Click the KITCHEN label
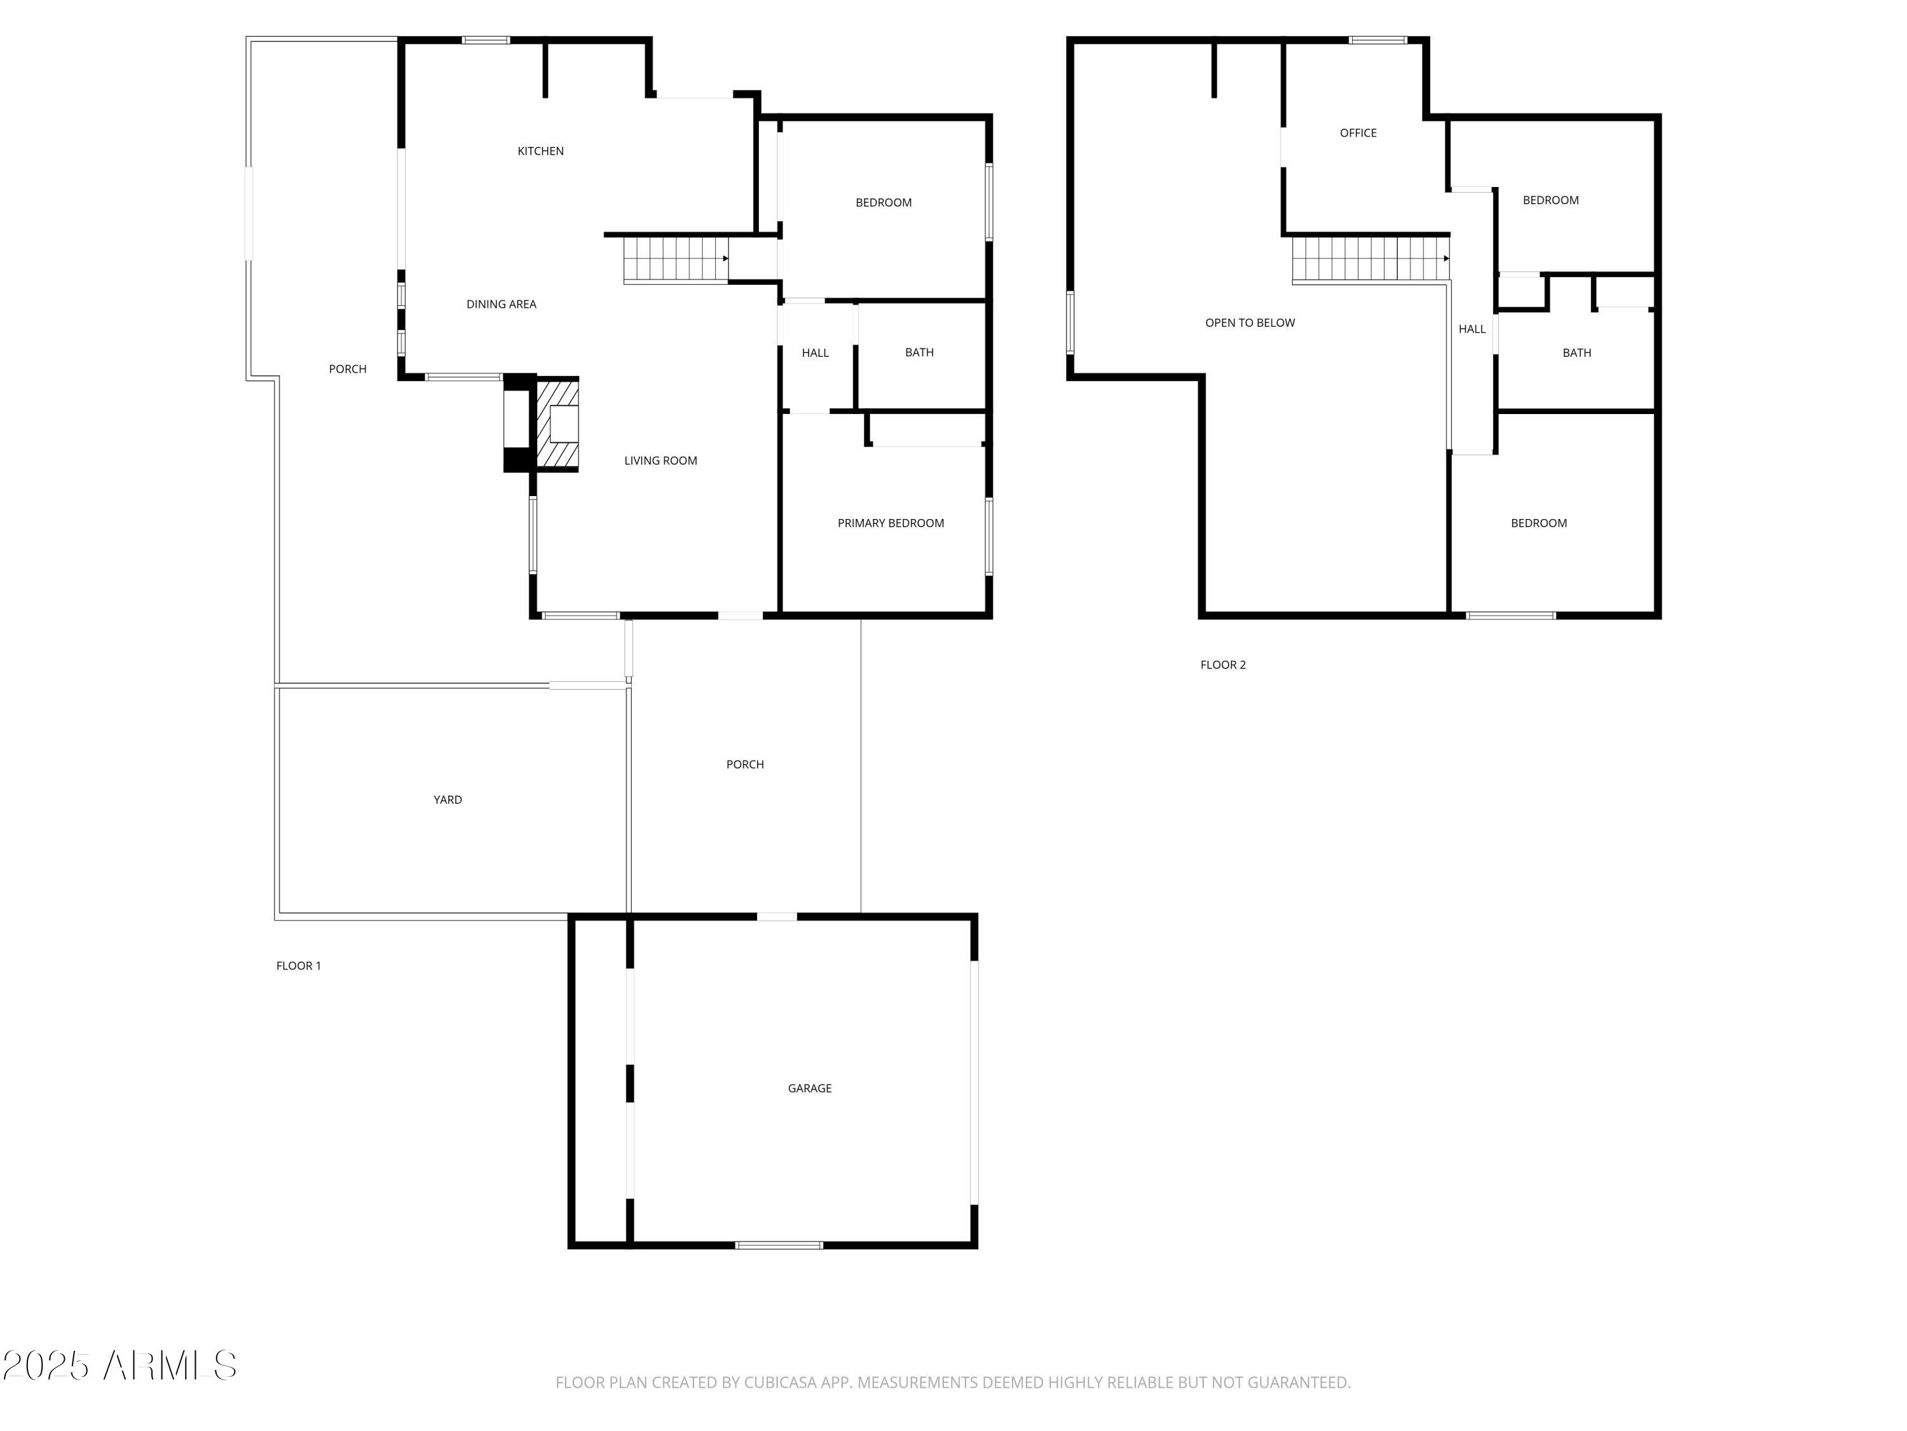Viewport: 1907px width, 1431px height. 540,151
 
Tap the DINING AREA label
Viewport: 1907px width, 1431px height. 501,303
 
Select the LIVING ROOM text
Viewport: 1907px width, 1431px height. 660,460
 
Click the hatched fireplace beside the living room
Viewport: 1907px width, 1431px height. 557,424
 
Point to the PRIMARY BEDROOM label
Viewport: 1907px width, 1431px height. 891,523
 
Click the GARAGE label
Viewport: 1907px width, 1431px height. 810,1089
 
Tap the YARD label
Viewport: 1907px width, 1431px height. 448,799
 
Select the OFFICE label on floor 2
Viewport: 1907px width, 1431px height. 1358,133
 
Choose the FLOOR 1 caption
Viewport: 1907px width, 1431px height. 298,966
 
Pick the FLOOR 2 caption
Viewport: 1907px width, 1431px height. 1222,665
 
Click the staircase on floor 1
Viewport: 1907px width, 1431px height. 675,259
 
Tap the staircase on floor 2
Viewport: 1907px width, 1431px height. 1369,259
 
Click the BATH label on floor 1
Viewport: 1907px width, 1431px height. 919,352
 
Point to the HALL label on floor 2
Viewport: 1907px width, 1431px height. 1472,329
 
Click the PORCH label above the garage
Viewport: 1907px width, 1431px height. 745,764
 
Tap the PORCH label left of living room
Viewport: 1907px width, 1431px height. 348,369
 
